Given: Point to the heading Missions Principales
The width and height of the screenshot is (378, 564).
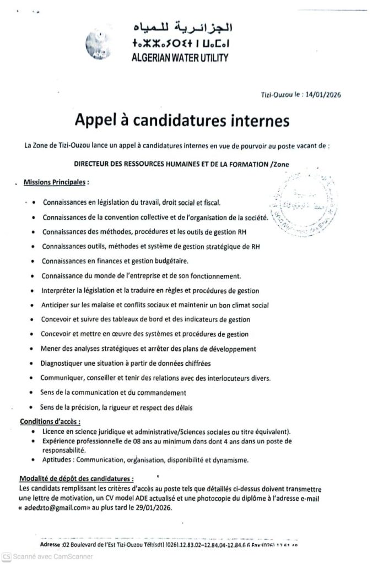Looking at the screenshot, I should point(55,182).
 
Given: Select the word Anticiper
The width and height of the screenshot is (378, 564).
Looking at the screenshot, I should point(57,305).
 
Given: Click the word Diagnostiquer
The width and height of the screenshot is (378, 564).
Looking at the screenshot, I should point(65,364).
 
